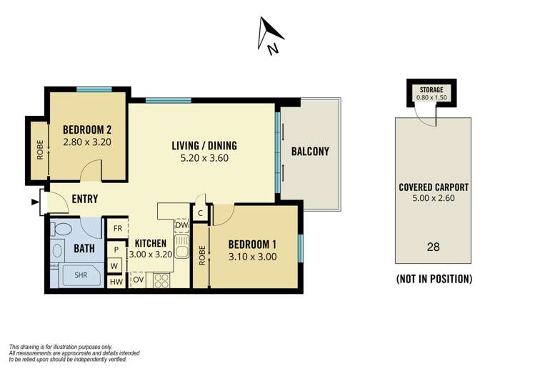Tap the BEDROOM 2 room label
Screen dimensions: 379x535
pos(87,129)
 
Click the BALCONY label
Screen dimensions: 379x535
pos(310,151)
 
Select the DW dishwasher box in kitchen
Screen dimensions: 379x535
pos(181,225)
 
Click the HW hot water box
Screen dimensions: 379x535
pos(116,282)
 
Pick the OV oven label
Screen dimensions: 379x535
pos(139,279)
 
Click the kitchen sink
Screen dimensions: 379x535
pos(181,249)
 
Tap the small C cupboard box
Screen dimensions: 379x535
pos(201,212)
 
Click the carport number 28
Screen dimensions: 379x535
pos(433,247)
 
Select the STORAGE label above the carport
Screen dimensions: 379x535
pos(431,89)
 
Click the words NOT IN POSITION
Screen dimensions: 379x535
pos(434,279)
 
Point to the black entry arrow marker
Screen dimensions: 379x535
pos(36,202)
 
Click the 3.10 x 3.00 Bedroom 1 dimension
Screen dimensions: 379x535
pos(251,257)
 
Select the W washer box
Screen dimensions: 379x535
pos(114,265)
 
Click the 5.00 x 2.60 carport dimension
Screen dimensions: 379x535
pos(433,198)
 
